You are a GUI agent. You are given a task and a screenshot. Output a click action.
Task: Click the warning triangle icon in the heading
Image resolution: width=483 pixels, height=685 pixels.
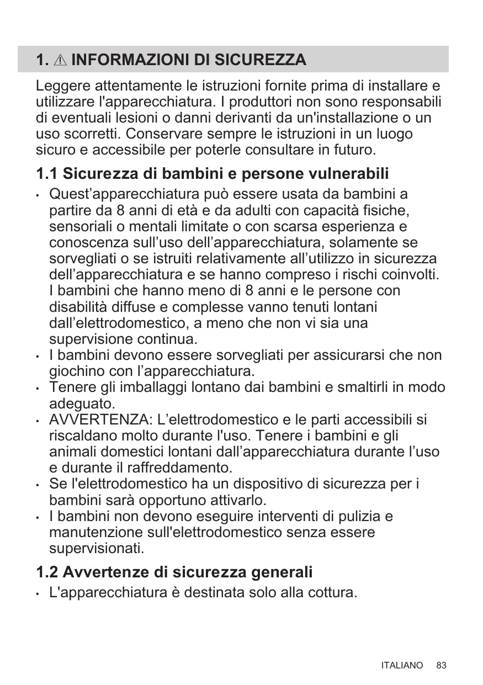coord(61,60)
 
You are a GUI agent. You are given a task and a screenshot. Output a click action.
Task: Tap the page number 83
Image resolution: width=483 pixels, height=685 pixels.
coord(440,666)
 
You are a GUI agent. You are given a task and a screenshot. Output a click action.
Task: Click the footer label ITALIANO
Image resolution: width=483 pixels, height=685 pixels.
coord(402,666)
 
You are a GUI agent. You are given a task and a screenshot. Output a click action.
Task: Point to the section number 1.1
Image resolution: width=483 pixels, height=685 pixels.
coord(47,174)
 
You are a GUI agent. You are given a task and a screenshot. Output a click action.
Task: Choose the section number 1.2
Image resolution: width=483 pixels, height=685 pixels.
coord(47,572)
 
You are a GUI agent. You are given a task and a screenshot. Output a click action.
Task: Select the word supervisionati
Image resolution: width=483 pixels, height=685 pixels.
coord(97,549)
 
